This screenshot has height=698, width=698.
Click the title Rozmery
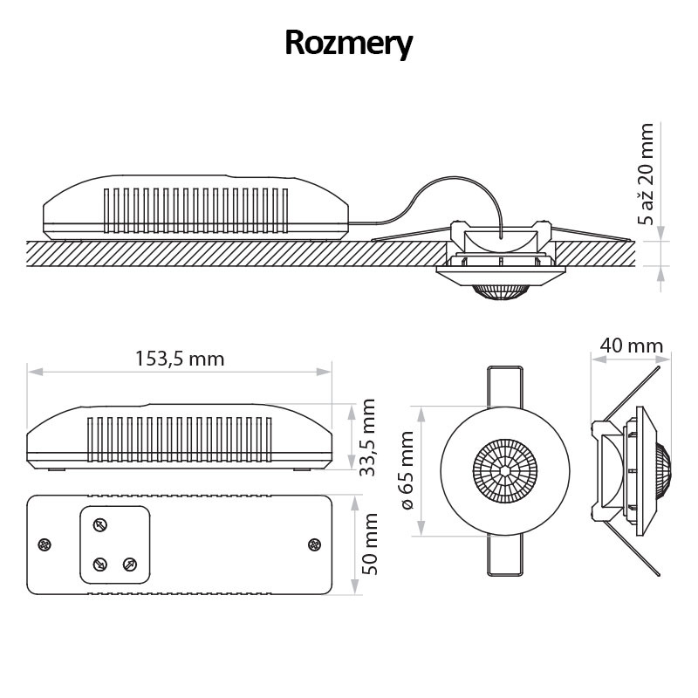[348, 43]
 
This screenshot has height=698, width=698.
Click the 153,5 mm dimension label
[180, 359]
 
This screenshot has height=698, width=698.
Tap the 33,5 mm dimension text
[368, 437]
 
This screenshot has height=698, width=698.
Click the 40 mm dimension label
[632, 346]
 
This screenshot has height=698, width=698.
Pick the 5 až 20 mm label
[646, 174]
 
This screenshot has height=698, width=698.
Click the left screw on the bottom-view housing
[44, 545]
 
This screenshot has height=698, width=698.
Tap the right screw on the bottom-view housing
[314, 545]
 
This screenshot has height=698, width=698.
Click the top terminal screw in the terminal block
[100, 524]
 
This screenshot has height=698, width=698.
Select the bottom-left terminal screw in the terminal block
[100, 564]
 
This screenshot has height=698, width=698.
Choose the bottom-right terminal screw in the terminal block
[130, 564]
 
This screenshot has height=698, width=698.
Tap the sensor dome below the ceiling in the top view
[500, 290]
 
